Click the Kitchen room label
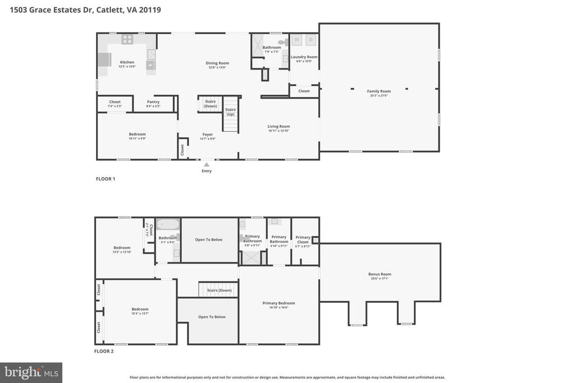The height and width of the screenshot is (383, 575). point(127,62)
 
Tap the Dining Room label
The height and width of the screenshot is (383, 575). point(217,63)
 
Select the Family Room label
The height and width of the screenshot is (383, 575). point(379,91)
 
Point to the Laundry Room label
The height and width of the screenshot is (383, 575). point(304,57)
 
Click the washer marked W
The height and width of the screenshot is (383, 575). point(296,39)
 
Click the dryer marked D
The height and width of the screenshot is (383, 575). point(310,39)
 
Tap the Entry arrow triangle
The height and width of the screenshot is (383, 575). point(207,164)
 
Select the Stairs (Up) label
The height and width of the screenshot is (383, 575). point(230,112)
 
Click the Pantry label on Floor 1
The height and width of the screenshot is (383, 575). point(153,102)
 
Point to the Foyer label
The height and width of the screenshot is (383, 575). point(208,135)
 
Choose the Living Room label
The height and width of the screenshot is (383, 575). point(279,126)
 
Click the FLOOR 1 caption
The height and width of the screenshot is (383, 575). point(105,179)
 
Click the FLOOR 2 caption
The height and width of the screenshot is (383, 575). point(104,352)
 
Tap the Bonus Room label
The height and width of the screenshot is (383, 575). point(380,274)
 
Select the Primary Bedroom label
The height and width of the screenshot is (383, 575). point(279,303)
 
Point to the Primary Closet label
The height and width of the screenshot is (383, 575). point(303,239)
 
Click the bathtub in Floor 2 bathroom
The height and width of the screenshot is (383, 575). point(167,225)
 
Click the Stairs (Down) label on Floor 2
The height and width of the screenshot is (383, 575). point(219,290)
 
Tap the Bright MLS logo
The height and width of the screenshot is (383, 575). point(31,372)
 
